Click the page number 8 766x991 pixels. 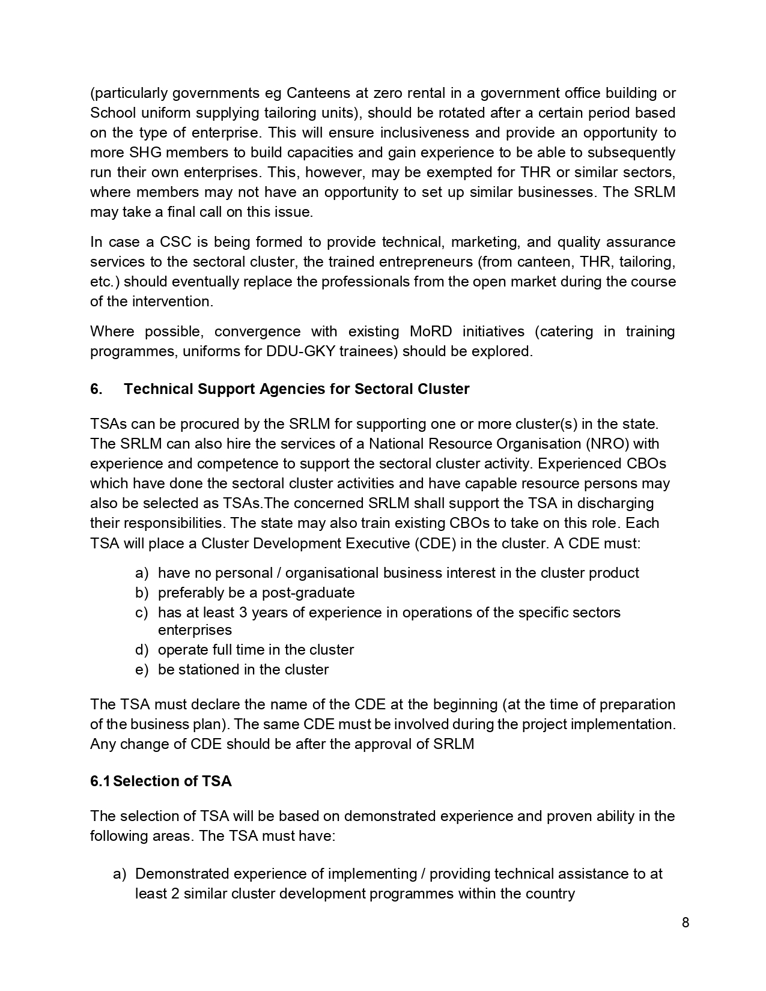point(685,923)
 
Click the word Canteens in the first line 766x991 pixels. point(316,93)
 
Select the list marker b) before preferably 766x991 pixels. point(142,593)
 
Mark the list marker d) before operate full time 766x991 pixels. point(142,650)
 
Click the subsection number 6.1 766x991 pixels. point(100,781)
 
